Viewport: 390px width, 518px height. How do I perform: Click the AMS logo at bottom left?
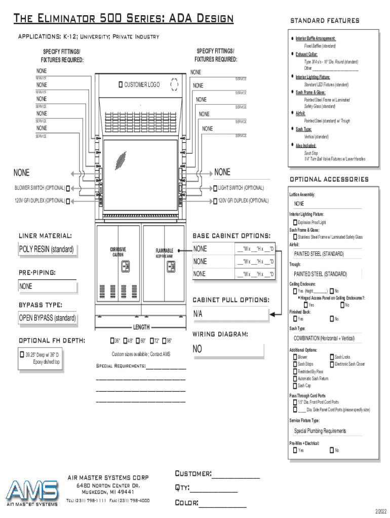pos(32,492)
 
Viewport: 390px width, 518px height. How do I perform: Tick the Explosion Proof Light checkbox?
pos(295,222)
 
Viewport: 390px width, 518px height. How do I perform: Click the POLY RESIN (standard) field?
pos(47,249)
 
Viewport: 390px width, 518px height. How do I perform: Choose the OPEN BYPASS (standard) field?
pos(47,318)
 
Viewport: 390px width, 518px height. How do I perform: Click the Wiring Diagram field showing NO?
pos(227,350)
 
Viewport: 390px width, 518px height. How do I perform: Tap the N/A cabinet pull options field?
pos(229,314)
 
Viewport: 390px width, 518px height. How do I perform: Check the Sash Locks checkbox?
pos(332,357)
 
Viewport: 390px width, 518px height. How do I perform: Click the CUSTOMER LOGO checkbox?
pos(121,84)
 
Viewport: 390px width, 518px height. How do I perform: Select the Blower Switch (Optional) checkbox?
pos(68,188)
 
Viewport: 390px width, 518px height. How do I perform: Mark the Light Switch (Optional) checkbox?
pos(215,188)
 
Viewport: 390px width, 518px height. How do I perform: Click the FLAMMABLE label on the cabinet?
pos(164,251)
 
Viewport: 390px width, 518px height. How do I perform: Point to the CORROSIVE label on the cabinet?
pos(118,249)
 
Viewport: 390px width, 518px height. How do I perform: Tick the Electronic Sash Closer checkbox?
pos(332,364)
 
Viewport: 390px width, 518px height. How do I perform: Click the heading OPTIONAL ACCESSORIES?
pos(329,179)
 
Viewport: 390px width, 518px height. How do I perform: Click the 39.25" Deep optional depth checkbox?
pos(22,355)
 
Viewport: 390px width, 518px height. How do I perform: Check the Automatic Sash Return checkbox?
pos(295,378)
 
